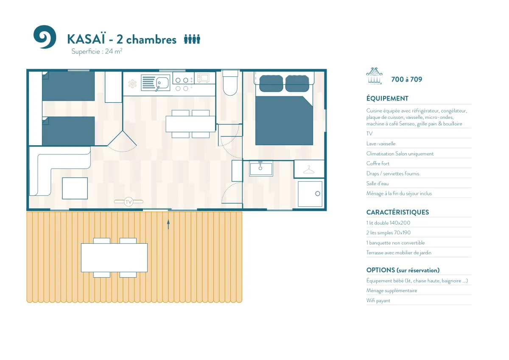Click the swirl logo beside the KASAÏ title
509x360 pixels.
[x=45, y=37]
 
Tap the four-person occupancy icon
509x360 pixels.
[x=192, y=39]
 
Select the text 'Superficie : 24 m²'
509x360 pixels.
[x=97, y=51]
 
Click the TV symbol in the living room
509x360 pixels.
[x=129, y=202]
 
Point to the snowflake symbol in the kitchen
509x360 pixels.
[x=132, y=84]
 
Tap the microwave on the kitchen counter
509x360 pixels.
[x=203, y=78]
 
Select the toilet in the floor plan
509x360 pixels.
[x=230, y=83]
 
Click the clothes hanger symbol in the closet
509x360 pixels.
[x=309, y=170]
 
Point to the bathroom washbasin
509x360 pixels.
[x=261, y=169]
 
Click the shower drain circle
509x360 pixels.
[x=317, y=194]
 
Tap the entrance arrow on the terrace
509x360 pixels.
[x=168, y=224]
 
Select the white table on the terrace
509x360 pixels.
[x=114, y=258]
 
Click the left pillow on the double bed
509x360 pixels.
[x=271, y=84]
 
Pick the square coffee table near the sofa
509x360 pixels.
[x=75, y=188]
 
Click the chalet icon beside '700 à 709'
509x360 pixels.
[x=374, y=76]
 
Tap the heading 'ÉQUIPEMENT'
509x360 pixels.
[x=387, y=98]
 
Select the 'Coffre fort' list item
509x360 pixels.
[x=378, y=163]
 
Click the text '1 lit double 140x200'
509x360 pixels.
[x=388, y=223]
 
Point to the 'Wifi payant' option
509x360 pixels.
[x=378, y=301]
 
